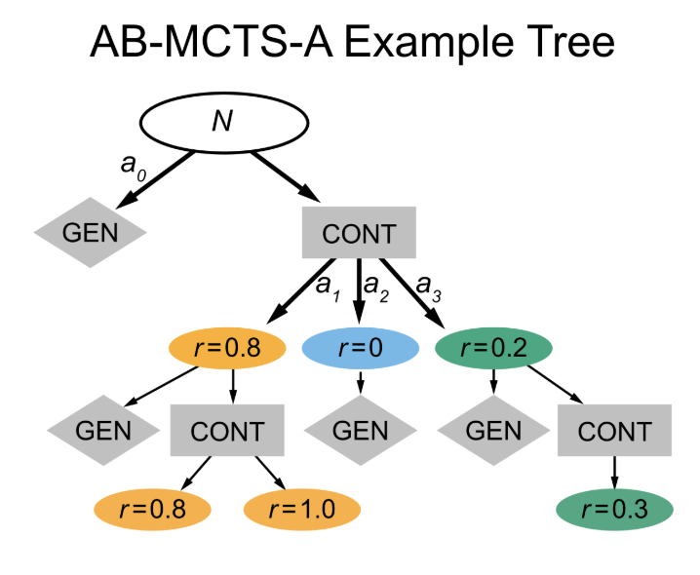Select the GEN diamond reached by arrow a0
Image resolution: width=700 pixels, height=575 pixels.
[90, 233]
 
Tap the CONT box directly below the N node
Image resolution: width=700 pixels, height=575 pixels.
[359, 234]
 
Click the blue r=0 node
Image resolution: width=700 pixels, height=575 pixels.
[361, 349]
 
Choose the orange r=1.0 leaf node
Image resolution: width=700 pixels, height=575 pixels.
[302, 508]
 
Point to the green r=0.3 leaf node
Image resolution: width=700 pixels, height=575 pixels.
[615, 508]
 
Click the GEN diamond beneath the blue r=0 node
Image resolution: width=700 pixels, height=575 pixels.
[361, 429]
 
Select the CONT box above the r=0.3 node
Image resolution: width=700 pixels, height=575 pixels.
[614, 430]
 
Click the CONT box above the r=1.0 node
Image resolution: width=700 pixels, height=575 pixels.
[227, 430]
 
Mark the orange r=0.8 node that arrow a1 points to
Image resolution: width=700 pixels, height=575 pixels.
[226, 349]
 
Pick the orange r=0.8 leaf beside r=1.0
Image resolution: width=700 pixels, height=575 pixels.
[153, 508]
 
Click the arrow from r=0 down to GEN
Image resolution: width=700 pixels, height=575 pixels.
[361, 382]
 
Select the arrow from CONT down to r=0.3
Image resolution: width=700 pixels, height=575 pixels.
[614, 473]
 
